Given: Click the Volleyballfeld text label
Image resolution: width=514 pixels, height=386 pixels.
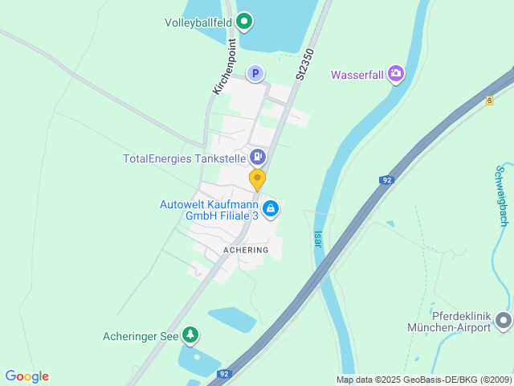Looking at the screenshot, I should pyautogui.click(x=198, y=22).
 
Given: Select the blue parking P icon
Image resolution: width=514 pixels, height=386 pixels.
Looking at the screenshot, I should pyautogui.click(x=255, y=74).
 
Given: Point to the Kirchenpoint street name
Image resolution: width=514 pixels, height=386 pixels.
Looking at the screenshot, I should pyautogui.click(x=224, y=67).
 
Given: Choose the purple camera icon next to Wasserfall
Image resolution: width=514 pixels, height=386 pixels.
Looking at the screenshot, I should pyautogui.click(x=395, y=75).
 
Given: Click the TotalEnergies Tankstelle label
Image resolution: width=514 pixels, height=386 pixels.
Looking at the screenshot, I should pyautogui.click(x=184, y=158).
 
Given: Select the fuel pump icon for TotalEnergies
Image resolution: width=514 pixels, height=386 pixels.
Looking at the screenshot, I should pyautogui.click(x=258, y=157).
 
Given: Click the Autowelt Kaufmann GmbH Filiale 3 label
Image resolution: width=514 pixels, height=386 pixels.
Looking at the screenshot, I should pyautogui.click(x=208, y=210).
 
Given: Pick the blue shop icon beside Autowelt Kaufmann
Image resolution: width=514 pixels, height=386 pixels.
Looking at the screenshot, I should pyautogui.click(x=271, y=209).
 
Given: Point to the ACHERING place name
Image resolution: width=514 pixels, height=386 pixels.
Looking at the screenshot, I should pyautogui.click(x=246, y=251).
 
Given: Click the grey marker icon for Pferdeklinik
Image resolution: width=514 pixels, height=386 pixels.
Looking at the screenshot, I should pyautogui.click(x=504, y=321).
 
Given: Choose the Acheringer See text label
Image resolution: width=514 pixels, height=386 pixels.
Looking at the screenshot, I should pyautogui.click(x=141, y=336).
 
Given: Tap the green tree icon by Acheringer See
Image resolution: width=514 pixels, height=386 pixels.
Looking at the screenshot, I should pyautogui.click(x=190, y=335).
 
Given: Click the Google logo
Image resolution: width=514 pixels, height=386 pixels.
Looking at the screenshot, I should pyautogui.click(x=27, y=376).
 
